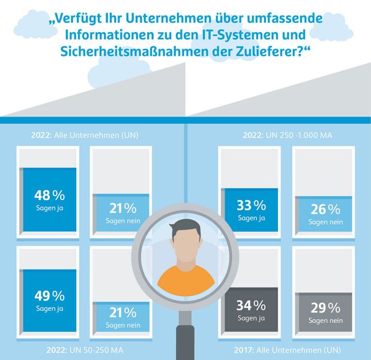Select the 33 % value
[251, 205]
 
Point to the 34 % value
[251, 305]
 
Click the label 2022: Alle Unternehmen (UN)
[84, 136]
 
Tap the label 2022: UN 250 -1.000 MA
[287, 136]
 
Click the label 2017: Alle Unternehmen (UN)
[287, 349]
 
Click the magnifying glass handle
[185, 339]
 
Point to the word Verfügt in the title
[82, 18]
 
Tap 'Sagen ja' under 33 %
[251, 218]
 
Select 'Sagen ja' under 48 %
[49, 208]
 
